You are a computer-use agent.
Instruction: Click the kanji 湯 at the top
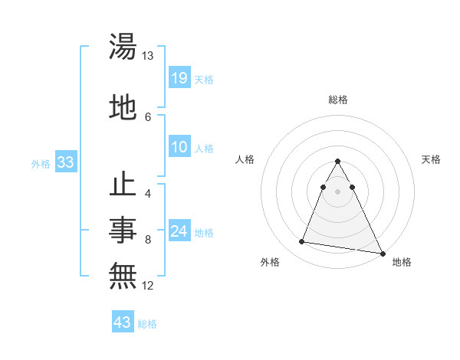tap(123, 47)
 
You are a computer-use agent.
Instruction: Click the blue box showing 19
tap(179, 77)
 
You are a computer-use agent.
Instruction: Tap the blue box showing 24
tap(179, 231)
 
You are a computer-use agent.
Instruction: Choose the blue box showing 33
tap(64, 162)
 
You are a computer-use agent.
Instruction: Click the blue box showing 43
tap(122, 322)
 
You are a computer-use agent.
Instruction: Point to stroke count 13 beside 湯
tap(148, 56)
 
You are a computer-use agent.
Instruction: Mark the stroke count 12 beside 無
tap(148, 286)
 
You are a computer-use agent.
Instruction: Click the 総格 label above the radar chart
tap(338, 100)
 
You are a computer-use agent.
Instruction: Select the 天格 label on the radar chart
tap(432, 159)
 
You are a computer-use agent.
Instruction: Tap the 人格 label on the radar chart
tap(245, 159)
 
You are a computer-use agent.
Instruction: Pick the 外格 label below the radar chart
tap(270, 262)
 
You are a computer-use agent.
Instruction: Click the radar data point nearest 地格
tap(383, 254)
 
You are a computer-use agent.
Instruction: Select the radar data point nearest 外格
tap(302, 242)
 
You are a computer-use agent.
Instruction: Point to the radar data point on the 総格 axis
tap(338, 162)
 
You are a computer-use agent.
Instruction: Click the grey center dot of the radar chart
tap(338, 191)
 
